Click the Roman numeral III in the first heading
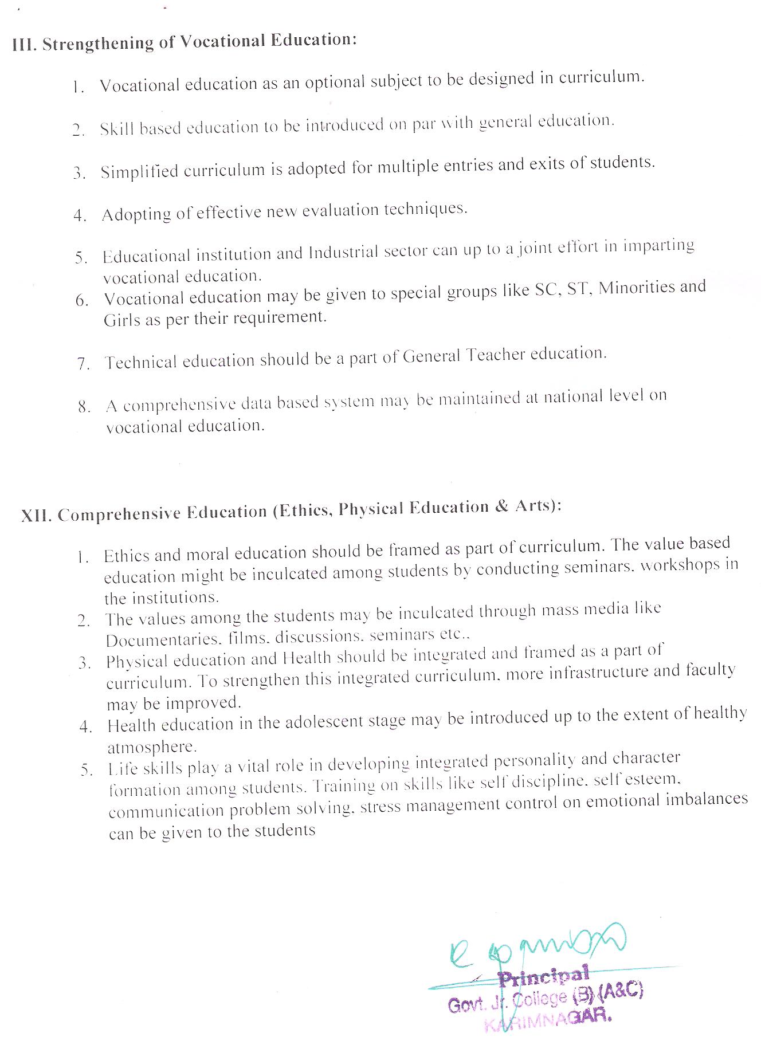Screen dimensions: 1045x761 [x=23, y=45]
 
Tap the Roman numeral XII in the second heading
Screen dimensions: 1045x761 [x=37, y=516]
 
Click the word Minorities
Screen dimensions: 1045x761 [x=636, y=288]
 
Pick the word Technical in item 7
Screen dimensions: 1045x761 [x=140, y=363]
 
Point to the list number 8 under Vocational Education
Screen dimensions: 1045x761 [x=84, y=407]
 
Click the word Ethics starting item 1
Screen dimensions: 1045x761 [x=127, y=556]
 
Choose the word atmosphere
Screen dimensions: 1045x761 [x=152, y=747]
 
